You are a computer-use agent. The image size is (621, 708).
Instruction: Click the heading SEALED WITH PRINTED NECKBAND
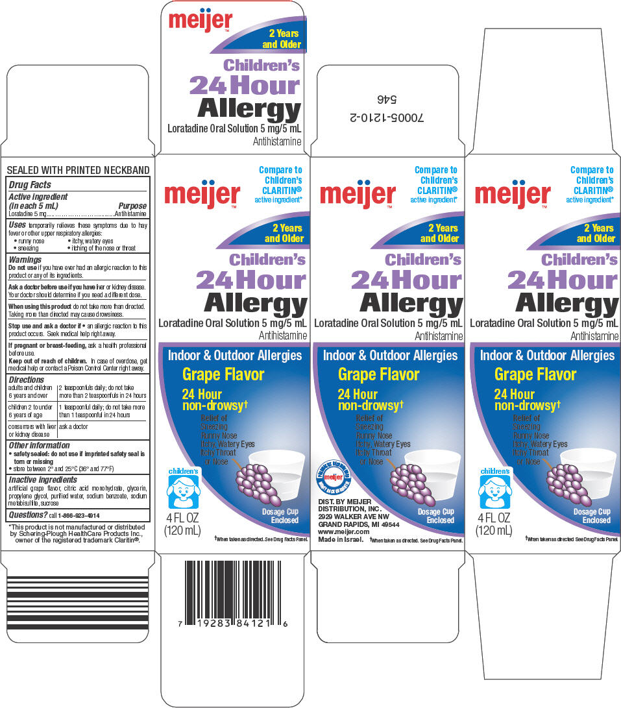(78, 171)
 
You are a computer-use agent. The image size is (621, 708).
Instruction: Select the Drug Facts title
(29, 185)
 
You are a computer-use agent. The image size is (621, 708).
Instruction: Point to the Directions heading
(27, 380)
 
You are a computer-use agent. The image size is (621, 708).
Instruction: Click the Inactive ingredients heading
(43, 480)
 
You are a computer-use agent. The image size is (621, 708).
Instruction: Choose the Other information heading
(39, 445)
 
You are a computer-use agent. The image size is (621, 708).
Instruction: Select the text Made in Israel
(340, 539)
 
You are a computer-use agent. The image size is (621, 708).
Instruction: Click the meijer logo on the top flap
(196, 19)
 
